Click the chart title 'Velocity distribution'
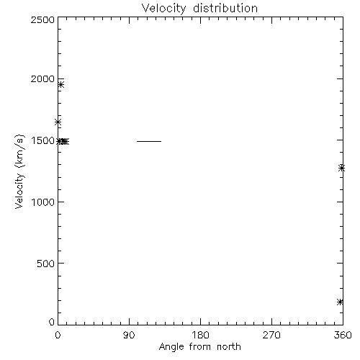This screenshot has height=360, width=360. click(x=199, y=9)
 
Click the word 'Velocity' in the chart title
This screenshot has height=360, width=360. click(x=163, y=9)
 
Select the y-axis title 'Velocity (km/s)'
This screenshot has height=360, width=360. click(x=20, y=171)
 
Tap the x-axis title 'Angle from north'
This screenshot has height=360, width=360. click(x=199, y=347)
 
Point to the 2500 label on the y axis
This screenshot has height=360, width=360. click(x=42, y=19)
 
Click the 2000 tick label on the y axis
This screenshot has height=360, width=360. click(x=42, y=78)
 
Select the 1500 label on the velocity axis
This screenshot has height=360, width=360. click(x=42, y=140)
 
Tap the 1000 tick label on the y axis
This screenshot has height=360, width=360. click(x=43, y=202)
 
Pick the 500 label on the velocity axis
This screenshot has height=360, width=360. click(x=45, y=264)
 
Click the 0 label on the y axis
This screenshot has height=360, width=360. click(x=52, y=322)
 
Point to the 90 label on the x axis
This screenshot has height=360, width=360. click(x=129, y=335)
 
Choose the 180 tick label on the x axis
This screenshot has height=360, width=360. click(x=200, y=335)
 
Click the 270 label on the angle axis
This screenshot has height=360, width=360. click(x=271, y=335)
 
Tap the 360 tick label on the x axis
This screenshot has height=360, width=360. click(x=343, y=335)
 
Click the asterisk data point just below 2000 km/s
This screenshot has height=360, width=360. click(x=61, y=84)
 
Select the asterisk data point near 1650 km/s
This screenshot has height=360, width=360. click(x=58, y=122)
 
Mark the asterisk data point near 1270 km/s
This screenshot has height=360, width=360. click(x=342, y=168)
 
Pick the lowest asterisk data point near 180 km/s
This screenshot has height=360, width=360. click(x=340, y=302)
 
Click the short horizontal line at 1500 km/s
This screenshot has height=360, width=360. click(x=149, y=141)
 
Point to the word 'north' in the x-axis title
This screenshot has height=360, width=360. click(x=229, y=347)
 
